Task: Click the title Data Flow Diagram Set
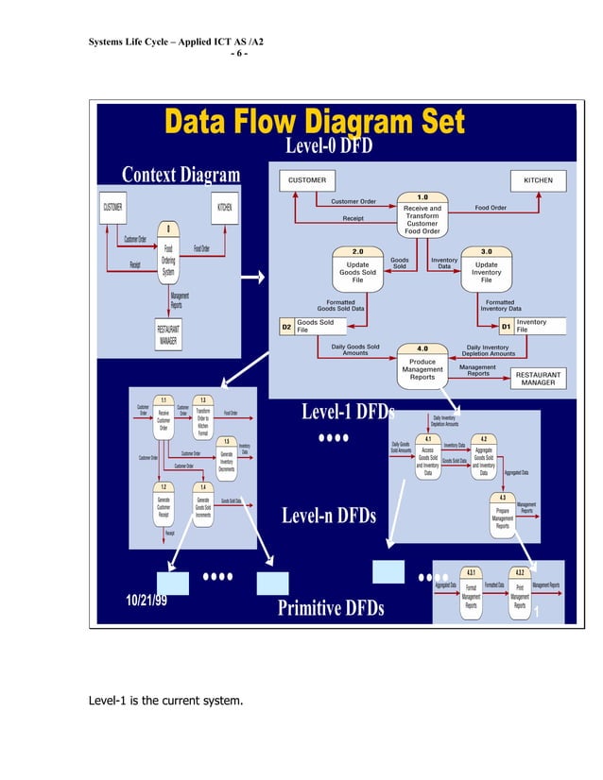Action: pos(315,124)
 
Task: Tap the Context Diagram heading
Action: pos(181,176)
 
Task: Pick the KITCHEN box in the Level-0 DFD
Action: pos(538,180)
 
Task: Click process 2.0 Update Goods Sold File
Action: pos(357,268)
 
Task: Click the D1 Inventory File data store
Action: pos(528,326)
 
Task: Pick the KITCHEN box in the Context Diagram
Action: pos(226,206)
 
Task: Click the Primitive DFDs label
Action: pos(330,608)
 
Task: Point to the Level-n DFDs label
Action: pos(328,516)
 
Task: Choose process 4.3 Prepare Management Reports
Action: pos(503,513)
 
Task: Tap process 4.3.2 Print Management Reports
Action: pos(519,593)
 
